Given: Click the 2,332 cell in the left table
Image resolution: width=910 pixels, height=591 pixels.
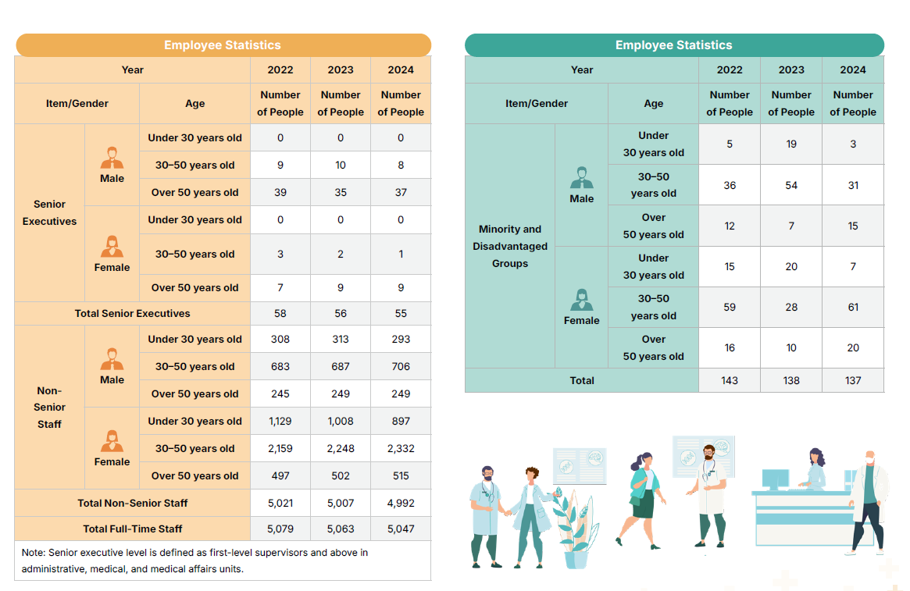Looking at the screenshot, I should tap(401, 448).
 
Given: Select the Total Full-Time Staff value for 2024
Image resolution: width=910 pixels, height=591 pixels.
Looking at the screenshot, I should tap(401, 529).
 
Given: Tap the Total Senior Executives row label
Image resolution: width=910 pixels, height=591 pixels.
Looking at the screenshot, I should tap(132, 313).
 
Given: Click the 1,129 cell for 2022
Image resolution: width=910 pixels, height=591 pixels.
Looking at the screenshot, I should tap(280, 421).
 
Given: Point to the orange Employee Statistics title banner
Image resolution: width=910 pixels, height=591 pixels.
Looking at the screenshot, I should tap(223, 45).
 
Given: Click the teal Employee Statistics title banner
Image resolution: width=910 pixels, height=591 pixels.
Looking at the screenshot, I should tap(673, 45).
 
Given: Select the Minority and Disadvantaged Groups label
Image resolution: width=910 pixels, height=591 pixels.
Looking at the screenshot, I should tap(510, 246).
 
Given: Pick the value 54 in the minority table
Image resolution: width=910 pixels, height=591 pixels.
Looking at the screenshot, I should tap(791, 185).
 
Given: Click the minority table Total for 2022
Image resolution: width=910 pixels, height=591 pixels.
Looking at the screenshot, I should tap(730, 380).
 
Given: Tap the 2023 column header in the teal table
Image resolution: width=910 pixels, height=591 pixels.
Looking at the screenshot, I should tap(791, 69).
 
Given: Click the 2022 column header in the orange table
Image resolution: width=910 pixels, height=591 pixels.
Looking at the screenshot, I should tap(280, 69).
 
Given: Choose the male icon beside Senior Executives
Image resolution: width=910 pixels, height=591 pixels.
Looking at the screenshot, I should tap(112, 158).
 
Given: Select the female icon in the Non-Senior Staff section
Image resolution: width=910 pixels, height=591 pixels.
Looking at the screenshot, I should tap(112, 442).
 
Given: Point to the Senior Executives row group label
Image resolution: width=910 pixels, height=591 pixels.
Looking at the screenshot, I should tap(49, 212).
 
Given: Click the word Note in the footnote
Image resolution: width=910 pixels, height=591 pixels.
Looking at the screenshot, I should tap(34, 552).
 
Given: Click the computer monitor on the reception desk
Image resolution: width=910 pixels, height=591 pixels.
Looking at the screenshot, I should tap(775, 479).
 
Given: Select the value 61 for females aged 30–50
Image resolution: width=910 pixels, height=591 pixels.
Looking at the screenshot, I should tap(853, 307).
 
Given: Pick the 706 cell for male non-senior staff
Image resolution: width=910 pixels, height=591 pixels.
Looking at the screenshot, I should tap(401, 366).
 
